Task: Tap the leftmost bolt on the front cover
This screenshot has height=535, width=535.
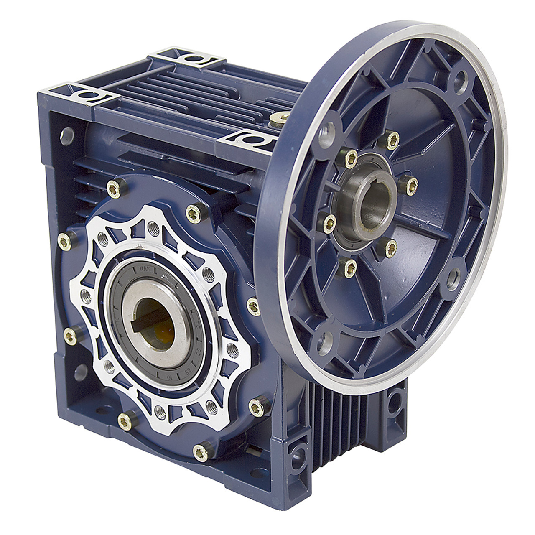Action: click(65, 239)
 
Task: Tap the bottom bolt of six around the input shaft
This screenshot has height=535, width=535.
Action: click(350, 267)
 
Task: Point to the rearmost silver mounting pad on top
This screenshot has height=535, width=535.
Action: click(190, 58)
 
